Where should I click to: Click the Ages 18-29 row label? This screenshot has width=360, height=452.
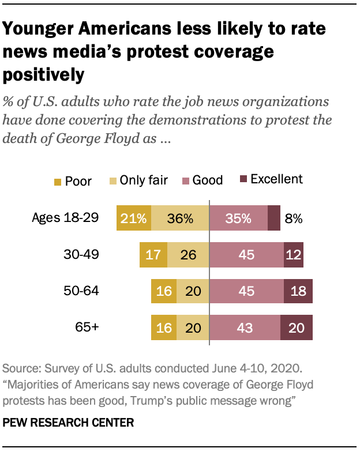tap(74, 218)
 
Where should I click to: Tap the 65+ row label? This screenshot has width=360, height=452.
tap(88, 327)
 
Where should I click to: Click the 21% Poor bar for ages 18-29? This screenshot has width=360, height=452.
tap(134, 219)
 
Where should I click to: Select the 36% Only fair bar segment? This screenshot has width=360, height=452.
tap(179, 219)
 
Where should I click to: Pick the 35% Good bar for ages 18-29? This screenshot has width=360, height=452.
tap(238, 219)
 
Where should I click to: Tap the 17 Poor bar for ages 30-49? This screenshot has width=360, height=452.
tap(153, 255)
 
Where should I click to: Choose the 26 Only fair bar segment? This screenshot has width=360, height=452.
tap(188, 255)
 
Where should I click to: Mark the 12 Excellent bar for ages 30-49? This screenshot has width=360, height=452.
tap(294, 255)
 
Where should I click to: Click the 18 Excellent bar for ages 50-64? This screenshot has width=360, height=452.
tap(298, 291)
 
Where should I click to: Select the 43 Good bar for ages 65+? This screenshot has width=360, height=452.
tap(245, 327)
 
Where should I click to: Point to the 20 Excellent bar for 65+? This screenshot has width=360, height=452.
tap(297, 327)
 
